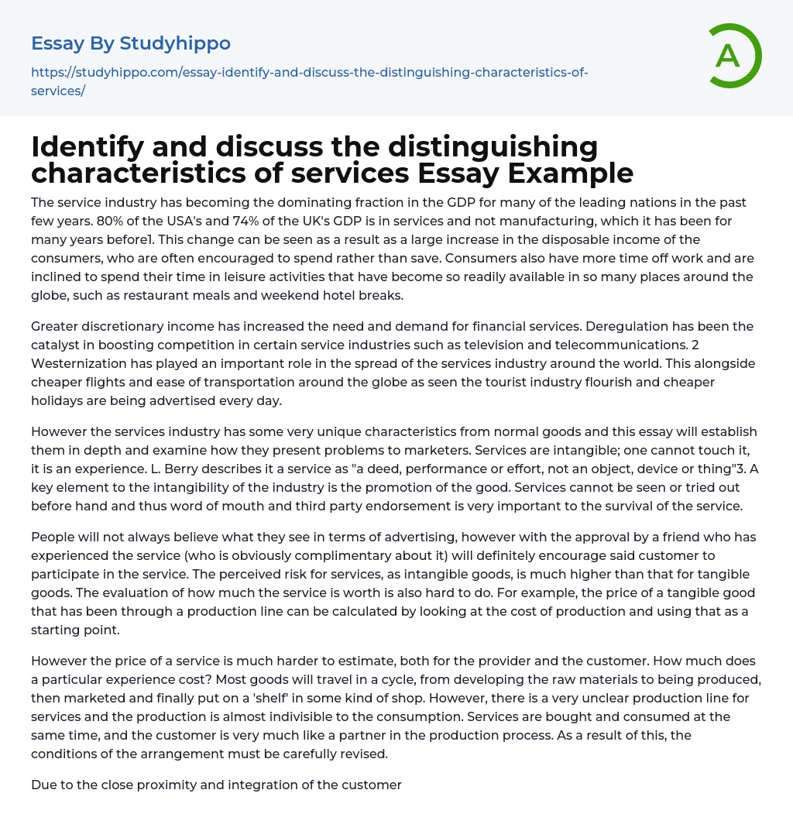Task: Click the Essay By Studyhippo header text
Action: [x=131, y=43]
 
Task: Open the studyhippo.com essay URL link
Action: [x=310, y=73]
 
